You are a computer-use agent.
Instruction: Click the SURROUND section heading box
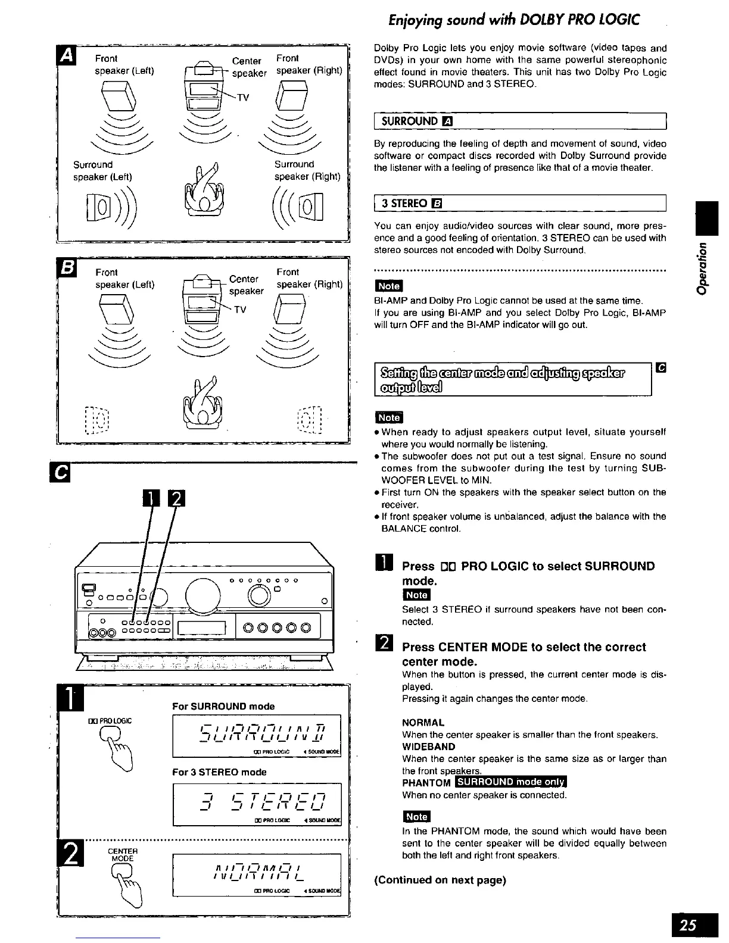518,121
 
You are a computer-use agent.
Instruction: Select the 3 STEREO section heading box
518,203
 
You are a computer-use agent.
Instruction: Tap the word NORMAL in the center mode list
423,723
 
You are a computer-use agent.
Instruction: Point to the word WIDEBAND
429,747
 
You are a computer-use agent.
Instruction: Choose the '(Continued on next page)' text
440,880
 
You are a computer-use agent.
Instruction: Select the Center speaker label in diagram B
245,285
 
